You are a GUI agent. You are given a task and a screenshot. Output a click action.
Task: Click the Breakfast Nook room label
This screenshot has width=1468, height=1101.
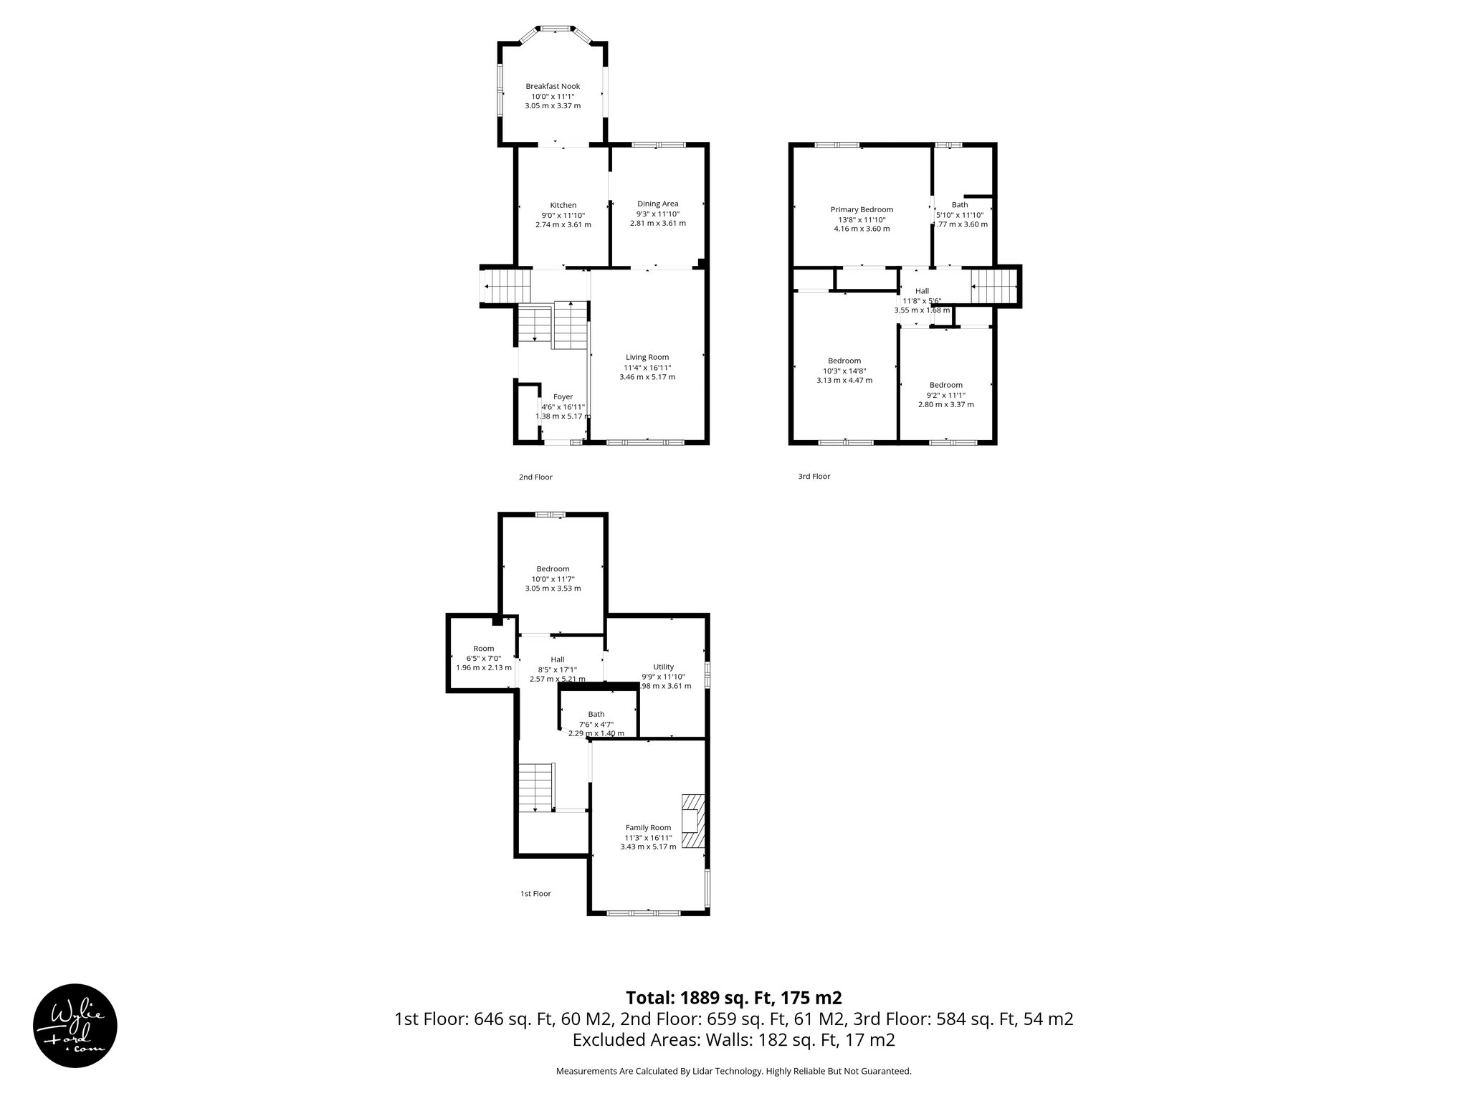(x=553, y=87)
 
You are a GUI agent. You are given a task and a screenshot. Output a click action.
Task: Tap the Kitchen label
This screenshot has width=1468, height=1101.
(x=563, y=206)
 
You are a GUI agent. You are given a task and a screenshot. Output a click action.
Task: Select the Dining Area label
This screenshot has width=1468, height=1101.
(x=657, y=204)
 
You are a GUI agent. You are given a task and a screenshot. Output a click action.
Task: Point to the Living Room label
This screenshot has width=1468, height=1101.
(x=647, y=357)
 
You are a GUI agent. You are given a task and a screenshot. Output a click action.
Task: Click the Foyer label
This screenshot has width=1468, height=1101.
(x=563, y=396)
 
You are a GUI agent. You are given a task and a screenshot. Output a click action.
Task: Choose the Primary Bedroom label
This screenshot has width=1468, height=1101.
(x=862, y=210)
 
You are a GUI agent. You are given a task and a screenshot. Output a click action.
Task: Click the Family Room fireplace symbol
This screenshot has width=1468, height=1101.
(x=692, y=821)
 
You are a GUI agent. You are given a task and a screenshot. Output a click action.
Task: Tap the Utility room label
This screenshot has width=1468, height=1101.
(x=663, y=667)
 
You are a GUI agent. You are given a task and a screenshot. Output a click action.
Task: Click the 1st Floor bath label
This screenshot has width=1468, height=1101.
(x=596, y=714)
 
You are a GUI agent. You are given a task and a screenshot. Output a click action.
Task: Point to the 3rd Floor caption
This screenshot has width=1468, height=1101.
(x=814, y=476)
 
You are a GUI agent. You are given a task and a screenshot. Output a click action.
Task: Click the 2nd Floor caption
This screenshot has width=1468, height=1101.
(x=535, y=477)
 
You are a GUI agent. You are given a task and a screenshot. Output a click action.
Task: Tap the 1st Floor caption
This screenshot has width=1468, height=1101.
(x=535, y=894)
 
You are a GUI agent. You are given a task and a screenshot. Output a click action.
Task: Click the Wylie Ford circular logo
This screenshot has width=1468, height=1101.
(x=75, y=1026)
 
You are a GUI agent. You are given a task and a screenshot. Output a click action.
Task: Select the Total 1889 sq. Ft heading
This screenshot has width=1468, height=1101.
(x=733, y=998)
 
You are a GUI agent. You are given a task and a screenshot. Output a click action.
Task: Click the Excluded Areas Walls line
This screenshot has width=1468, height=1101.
(x=733, y=1040)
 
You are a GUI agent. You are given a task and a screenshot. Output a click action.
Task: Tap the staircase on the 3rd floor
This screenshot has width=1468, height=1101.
(x=994, y=286)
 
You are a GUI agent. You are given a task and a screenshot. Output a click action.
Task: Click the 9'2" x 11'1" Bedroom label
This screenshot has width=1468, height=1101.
(x=945, y=385)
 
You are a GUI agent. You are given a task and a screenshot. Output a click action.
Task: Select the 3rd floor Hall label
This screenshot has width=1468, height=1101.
(x=922, y=291)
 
